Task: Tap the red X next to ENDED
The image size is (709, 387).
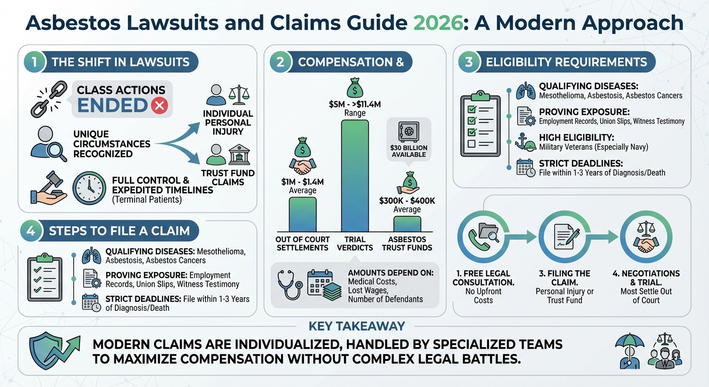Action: (159, 106)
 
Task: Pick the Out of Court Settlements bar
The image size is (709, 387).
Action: (302, 214)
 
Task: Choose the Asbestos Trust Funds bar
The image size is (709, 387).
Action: (407, 223)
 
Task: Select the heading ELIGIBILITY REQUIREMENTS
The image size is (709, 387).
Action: (566, 62)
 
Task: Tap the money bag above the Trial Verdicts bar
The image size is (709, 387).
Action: (354, 90)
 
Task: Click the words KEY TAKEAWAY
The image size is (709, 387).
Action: (357, 326)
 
